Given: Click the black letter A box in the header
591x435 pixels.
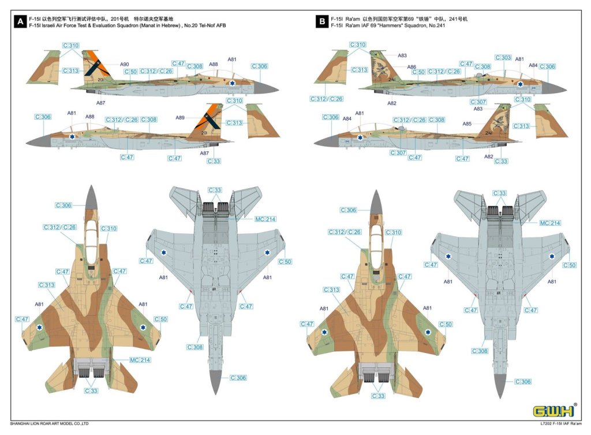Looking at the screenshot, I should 21,23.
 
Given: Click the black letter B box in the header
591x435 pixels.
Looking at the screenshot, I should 321,23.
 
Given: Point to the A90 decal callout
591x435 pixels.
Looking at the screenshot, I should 125,64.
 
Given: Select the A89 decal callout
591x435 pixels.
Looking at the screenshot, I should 180,118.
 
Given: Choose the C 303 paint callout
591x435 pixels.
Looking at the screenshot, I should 503,58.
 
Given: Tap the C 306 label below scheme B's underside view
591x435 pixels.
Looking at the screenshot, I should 522,382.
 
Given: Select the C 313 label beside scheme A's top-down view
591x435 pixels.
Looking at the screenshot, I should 47,285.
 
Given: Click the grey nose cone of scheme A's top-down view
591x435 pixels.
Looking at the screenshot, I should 91,198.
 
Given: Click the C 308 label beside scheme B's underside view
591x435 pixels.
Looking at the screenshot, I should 480,351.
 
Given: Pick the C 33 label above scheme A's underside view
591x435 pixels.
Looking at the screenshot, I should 215,191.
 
